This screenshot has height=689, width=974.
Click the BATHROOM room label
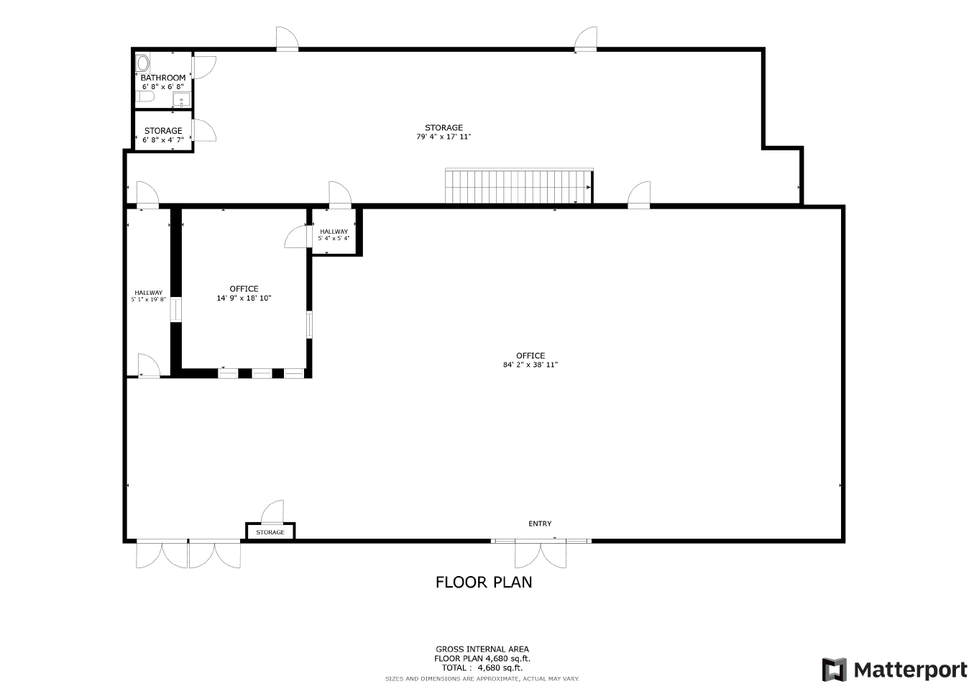tap(163, 78)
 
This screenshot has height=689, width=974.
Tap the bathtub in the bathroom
tap(142, 63)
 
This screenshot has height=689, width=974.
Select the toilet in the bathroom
tap(144, 96)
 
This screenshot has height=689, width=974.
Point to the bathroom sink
tap(181, 99)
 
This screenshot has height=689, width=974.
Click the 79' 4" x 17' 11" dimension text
tap(444, 137)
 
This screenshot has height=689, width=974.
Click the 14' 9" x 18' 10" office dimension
tap(244, 298)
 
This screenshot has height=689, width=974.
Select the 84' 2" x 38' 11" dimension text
tap(530, 365)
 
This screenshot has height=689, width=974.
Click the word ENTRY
tap(540, 524)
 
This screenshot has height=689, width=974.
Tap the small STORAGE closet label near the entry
tap(270, 532)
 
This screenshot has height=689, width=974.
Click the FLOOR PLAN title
tap(484, 582)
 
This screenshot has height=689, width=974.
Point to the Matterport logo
tap(894, 670)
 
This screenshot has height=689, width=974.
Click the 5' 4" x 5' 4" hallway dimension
tap(334, 238)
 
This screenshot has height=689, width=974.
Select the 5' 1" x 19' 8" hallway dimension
tap(148, 299)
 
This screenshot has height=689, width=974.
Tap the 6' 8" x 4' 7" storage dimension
tap(163, 140)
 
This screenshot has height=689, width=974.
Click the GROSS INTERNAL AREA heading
tap(482, 649)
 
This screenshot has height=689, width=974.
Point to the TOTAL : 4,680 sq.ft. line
tap(482, 667)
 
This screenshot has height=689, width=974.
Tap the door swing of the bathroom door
tap(204, 68)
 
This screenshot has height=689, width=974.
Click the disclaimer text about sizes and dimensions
tap(482, 678)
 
